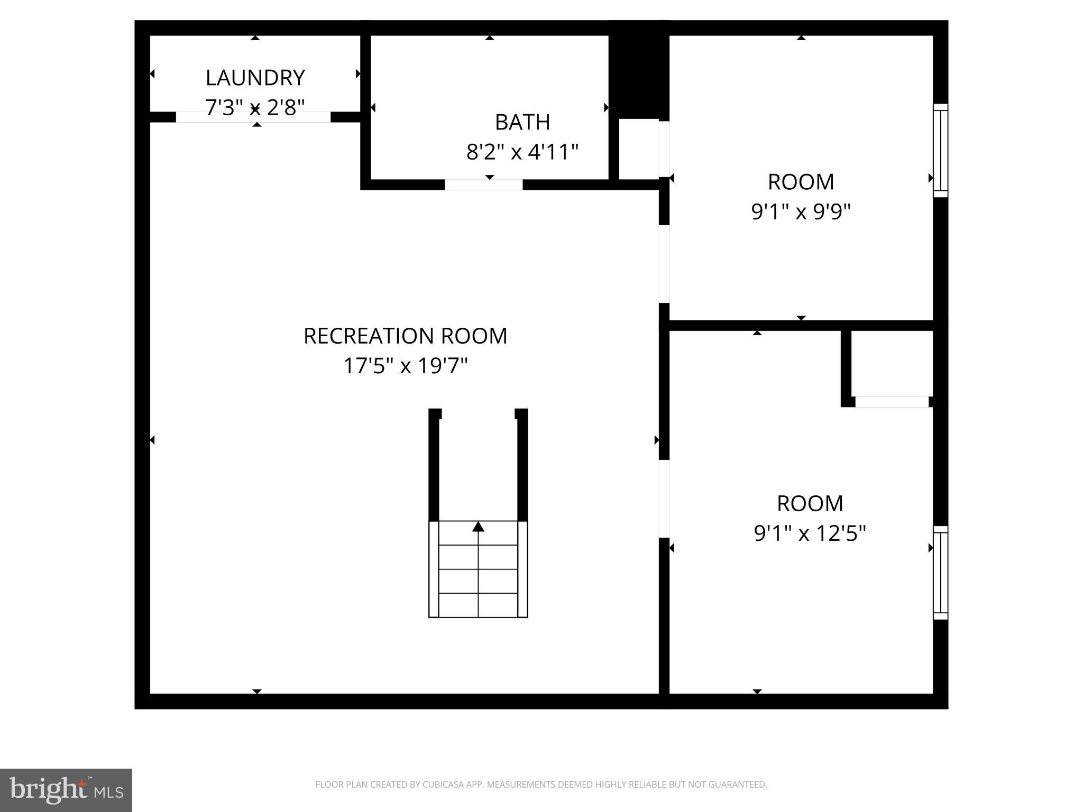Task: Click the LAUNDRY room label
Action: [255, 78]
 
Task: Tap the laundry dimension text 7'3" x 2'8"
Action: [255, 107]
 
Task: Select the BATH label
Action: [522, 122]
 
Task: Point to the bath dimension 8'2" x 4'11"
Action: [522, 152]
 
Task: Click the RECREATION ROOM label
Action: [405, 336]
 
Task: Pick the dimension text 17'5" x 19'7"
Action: [405, 366]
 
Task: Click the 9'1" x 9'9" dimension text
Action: [801, 212]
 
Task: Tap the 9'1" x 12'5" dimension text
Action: [810, 533]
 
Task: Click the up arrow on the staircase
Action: [478, 527]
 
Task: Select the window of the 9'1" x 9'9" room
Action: [940, 151]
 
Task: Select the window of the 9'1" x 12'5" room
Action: [940, 573]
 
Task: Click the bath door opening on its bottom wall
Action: [483, 184]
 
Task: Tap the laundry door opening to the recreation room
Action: [253, 117]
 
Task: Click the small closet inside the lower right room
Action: [892, 363]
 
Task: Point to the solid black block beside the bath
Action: [639, 71]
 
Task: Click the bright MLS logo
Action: [66, 790]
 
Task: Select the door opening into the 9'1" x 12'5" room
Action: [664, 499]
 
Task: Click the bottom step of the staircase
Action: [478, 605]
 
